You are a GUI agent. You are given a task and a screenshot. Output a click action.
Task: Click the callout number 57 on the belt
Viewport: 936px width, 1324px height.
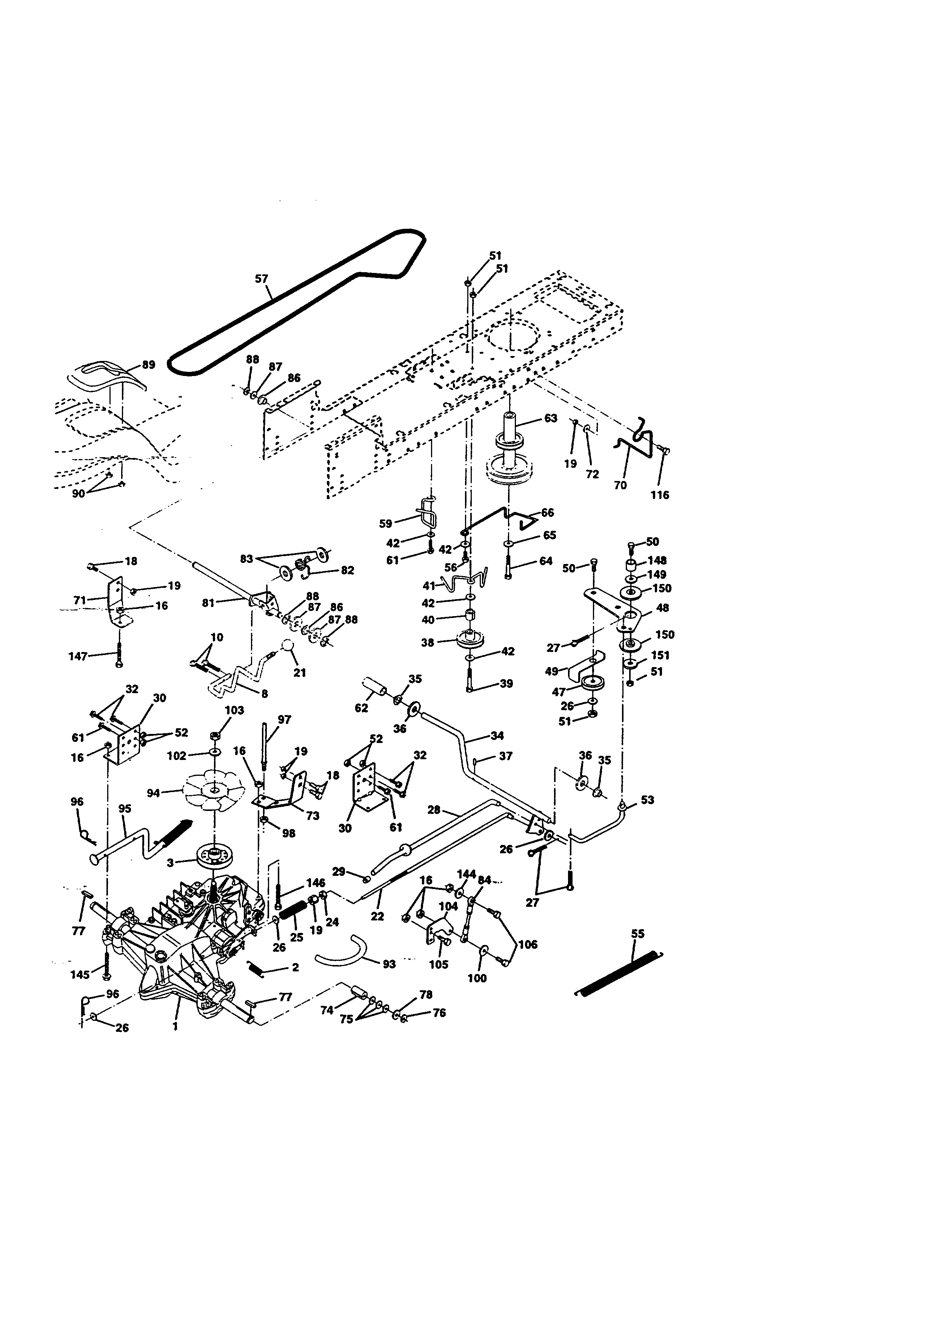(261, 279)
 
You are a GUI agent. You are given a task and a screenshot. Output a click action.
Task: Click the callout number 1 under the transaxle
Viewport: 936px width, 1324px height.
(175, 1027)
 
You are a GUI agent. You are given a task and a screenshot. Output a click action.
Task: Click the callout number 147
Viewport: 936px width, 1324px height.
(78, 656)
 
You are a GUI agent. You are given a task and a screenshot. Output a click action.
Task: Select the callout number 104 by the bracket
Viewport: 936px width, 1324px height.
(448, 906)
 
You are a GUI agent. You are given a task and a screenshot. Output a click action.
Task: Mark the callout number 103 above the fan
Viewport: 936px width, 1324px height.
(234, 711)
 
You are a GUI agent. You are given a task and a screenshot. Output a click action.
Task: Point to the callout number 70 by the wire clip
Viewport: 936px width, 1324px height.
(620, 486)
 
